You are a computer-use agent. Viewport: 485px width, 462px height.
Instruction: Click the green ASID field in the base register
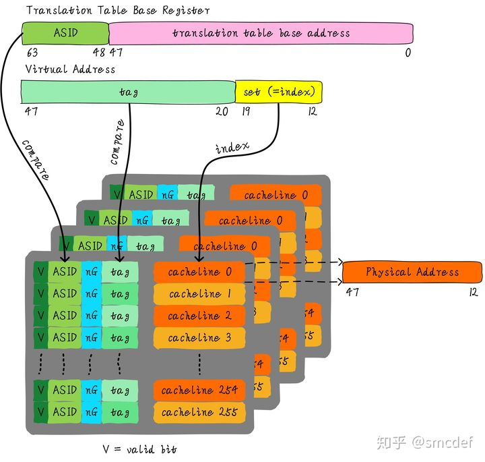click(x=65, y=32)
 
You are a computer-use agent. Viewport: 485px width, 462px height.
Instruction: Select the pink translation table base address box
click(x=261, y=33)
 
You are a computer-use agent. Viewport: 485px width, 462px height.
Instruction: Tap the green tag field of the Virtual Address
click(x=128, y=92)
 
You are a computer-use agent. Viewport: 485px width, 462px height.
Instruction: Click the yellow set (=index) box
click(x=278, y=92)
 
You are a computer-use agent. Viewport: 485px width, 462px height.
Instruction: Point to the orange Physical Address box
click(x=412, y=272)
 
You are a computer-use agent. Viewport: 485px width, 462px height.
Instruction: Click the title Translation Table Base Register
click(x=117, y=10)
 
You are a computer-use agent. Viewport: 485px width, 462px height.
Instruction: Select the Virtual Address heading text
click(x=70, y=69)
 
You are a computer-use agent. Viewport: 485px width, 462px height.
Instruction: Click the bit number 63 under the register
click(x=32, y=53)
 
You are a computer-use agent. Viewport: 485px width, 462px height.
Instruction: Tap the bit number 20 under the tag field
click(x=222, y=111)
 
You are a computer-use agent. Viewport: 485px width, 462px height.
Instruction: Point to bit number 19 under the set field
click(x=246, y=111)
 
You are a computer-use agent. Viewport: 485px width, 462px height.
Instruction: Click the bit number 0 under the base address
click(x=408, y=53)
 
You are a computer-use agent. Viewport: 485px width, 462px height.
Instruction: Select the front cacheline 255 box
click(x=199, y=412)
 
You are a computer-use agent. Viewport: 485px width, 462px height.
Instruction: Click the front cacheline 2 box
click(x=199, y=316)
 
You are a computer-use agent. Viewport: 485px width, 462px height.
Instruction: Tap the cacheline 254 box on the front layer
click(x=199, y=390)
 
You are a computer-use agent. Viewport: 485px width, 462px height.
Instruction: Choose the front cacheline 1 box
click(x=199, y=294)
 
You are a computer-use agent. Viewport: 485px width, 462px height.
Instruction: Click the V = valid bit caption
click(x=140, y=449)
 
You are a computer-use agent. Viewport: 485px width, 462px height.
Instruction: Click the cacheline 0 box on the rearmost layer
click(x=276, y=195)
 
